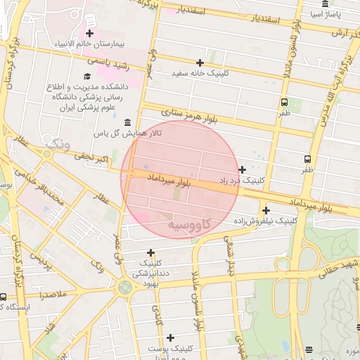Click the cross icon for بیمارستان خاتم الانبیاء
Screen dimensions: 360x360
tap(89, 33)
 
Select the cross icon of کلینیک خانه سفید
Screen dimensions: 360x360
tap(200, 63)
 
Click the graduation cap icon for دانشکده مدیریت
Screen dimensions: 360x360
tap(86, 76)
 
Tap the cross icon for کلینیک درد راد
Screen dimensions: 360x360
tap(243, 169)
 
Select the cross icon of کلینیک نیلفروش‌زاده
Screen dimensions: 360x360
tap(266, 210)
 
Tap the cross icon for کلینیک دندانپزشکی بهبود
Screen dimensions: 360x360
tap(150, 252)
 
